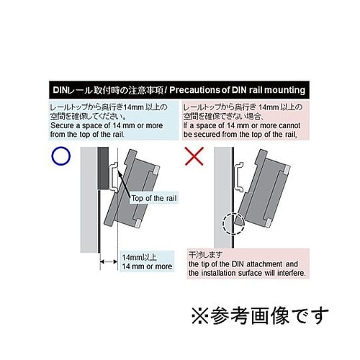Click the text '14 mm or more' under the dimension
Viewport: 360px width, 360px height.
click(x=147, y=266)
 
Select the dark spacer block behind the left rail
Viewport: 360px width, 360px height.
click(x=103, y=170)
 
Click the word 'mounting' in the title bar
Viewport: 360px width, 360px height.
click(x=284, y=90)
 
